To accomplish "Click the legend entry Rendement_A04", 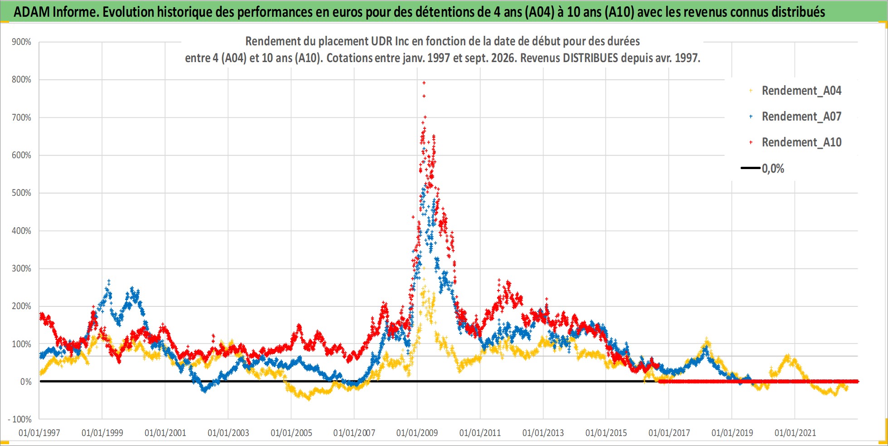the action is (801, 91).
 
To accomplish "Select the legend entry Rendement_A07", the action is (801, 116).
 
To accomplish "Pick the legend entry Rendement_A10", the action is (801, 142).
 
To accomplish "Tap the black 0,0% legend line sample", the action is (751, 168).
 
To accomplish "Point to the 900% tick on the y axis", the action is (21, 42).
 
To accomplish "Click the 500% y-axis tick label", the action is (21, 193).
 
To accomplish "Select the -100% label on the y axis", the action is (20, 419).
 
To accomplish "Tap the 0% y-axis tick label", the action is (26, 382).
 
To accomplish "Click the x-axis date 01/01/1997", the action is (39, 433).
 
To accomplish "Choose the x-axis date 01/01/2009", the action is (417, 433).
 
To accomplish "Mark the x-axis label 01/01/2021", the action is (795, 433).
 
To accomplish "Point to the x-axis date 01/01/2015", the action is (606, 433).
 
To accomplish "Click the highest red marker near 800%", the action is (424, 82).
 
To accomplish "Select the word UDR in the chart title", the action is (382, 41).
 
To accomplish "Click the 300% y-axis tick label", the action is (21, 268).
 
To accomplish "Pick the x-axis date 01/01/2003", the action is (228, 433).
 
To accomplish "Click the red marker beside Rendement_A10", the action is (751, 142).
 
